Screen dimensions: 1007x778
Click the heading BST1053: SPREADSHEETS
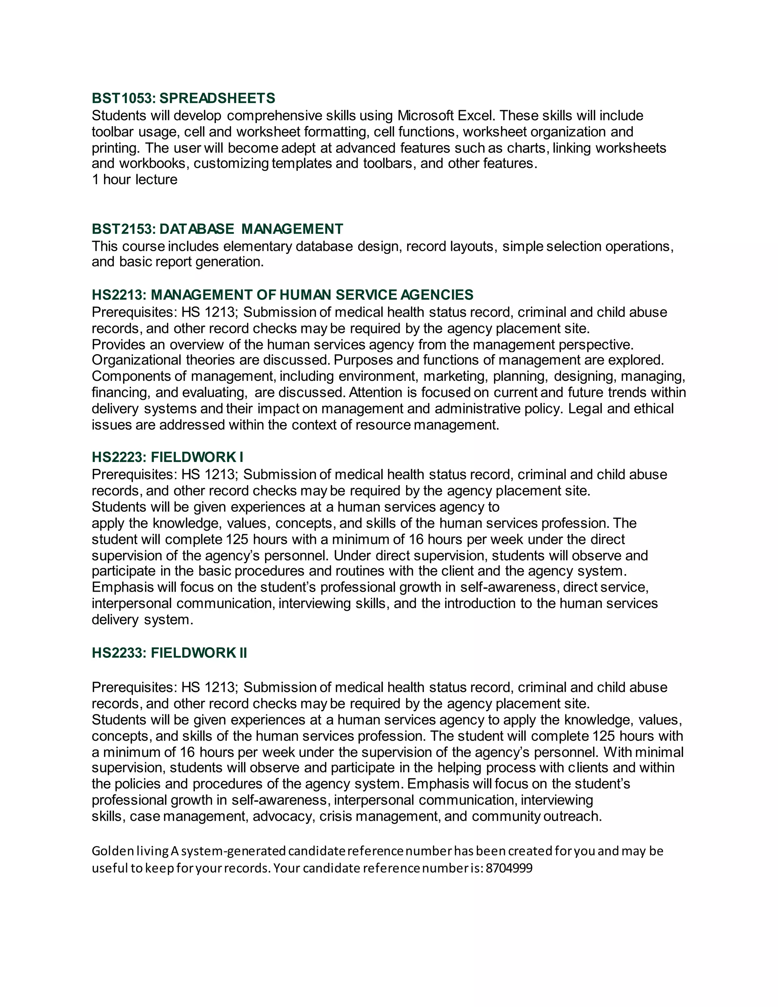183,98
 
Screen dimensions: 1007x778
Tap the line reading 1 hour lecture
134,179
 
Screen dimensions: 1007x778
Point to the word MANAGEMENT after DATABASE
292,229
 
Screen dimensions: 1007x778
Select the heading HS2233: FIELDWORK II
169,653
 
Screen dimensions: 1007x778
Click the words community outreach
536,817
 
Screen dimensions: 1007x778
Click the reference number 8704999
509,868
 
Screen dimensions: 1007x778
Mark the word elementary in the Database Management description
258,246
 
